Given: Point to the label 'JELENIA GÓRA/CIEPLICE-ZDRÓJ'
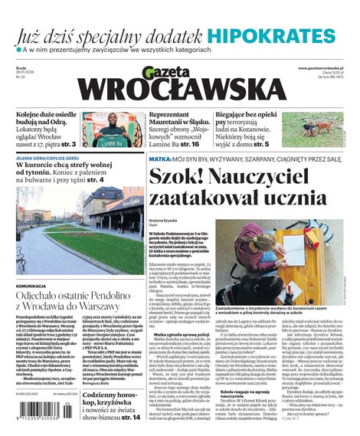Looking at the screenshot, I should pyautogui.click(x=50, y=159).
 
